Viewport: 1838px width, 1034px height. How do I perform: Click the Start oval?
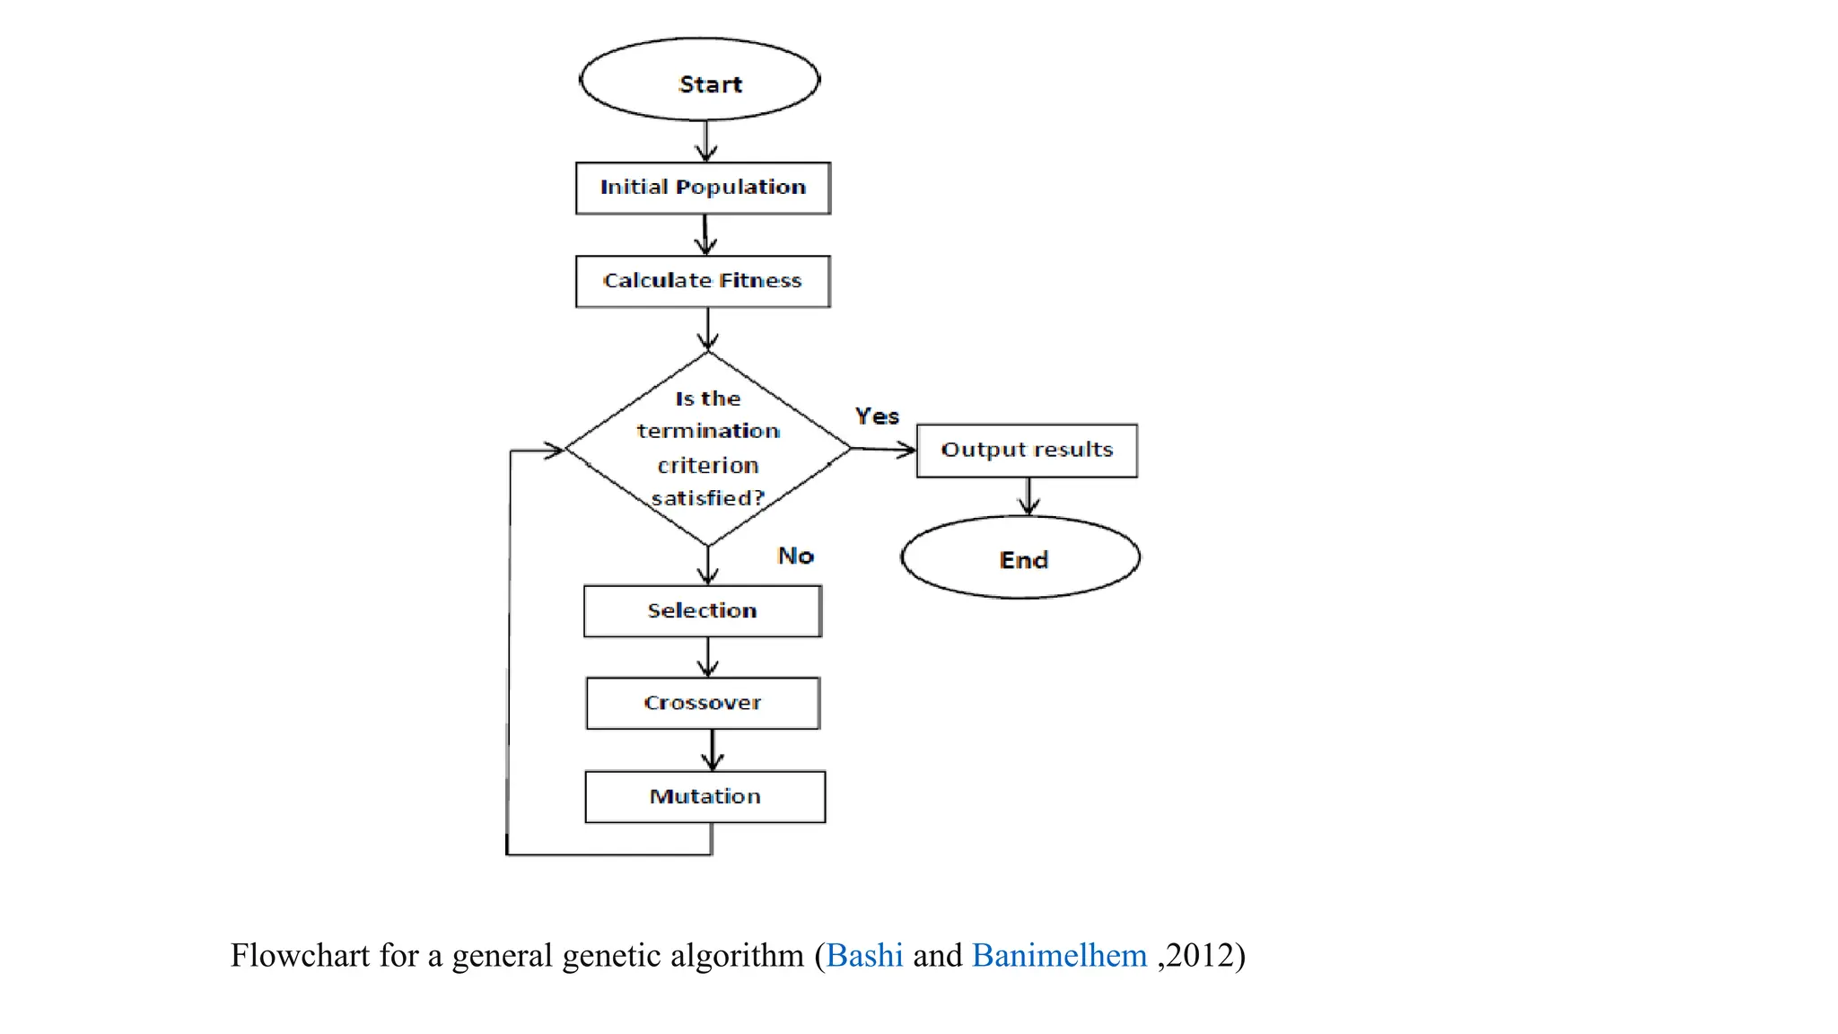(700, 80)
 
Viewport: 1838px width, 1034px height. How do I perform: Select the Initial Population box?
(703, 188)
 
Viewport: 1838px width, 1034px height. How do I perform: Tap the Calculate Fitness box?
(703, 281)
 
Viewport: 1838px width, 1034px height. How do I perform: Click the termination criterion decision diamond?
(708, 448)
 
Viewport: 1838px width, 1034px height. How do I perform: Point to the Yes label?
(877, 416)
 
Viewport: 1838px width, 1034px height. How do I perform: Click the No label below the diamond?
(795, 556)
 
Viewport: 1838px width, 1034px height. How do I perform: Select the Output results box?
(1027, 450)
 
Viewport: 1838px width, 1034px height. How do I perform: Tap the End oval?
(1020, 557)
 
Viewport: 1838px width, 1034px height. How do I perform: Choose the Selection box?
(703, 611)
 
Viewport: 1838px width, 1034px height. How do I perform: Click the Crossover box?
(703, 703)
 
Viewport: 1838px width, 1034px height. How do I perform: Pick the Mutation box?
(705, 796)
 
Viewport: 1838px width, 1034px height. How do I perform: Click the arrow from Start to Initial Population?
(706, 142)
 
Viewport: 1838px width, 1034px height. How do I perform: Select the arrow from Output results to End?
(1028, 496)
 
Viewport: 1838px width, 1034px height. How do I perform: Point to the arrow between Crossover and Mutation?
(713, 749)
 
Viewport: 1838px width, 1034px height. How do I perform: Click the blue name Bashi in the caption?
(864, 955)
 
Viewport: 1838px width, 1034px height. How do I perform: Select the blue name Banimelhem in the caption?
(1059, 955)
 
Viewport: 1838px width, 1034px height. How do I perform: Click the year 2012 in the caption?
(1200, 955)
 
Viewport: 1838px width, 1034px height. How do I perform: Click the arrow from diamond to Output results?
(883, 449)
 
